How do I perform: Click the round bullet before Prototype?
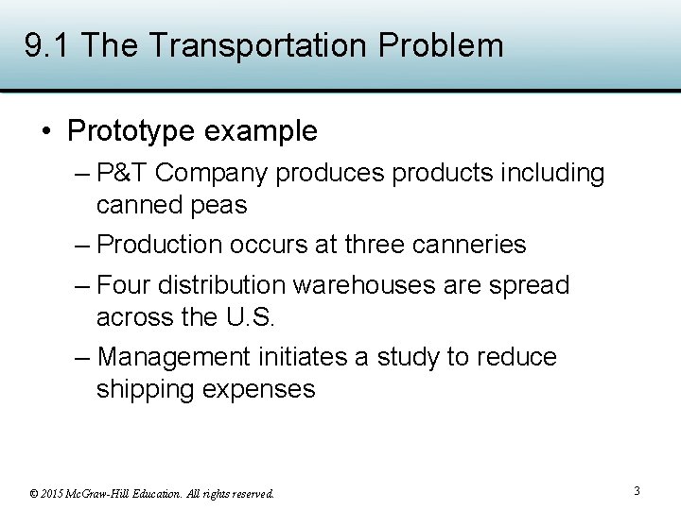(48, 131)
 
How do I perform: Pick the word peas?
(224, 205)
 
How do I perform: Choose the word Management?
(173, 358)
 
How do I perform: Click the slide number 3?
(637, 491)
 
